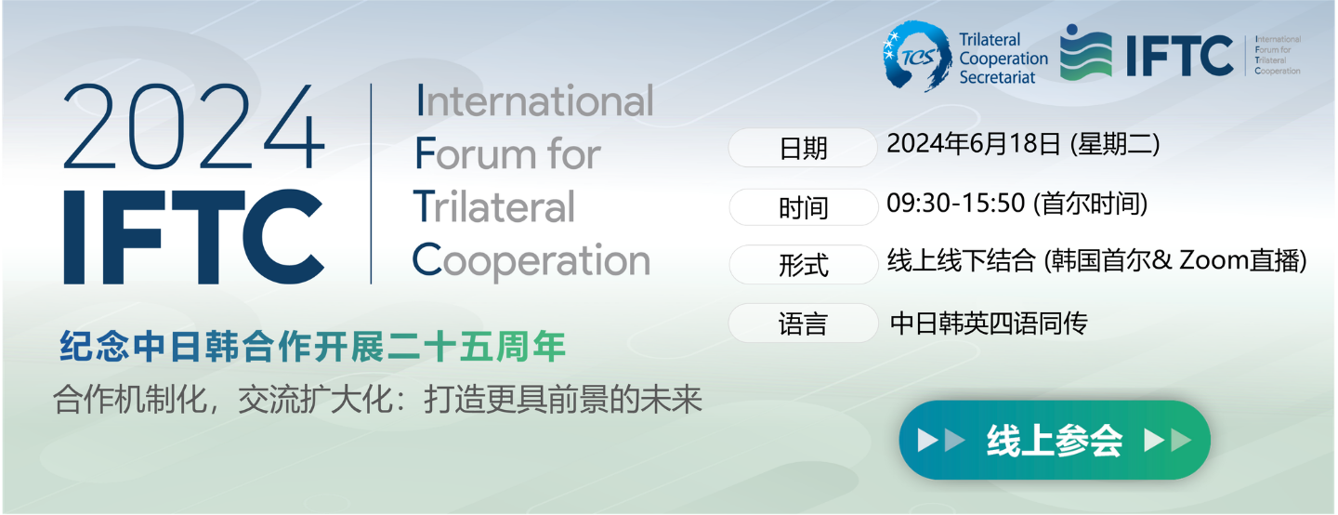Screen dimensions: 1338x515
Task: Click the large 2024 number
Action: point(193,126)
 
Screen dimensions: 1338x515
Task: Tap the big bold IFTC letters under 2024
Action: point(193,237)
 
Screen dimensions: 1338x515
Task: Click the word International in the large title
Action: point(535,100)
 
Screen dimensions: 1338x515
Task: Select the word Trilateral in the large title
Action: point(494,206)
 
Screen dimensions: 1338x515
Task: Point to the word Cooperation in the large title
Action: point(531,260)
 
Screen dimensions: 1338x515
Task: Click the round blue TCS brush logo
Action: point(917,56)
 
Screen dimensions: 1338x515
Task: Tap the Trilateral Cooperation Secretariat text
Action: point(1003,58)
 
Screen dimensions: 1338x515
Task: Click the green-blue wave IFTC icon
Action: point(1085,53)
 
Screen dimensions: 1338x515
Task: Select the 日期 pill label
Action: point(802,148)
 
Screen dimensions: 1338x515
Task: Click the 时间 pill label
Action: point(804,207)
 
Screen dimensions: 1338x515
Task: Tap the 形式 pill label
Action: point(804,264)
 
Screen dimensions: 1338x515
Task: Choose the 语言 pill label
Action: point(803,323)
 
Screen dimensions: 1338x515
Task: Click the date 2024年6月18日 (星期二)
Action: point(1023,144)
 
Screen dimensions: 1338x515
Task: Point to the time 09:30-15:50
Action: point(956,204)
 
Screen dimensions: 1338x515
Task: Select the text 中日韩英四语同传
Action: point(989,324)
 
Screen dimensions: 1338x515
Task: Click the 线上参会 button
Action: point(1055,441)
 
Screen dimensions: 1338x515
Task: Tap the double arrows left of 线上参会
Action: point(940,441)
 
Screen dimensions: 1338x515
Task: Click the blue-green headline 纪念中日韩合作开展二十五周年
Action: point(312,346)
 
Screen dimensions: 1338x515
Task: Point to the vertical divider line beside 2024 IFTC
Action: point(371,183)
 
